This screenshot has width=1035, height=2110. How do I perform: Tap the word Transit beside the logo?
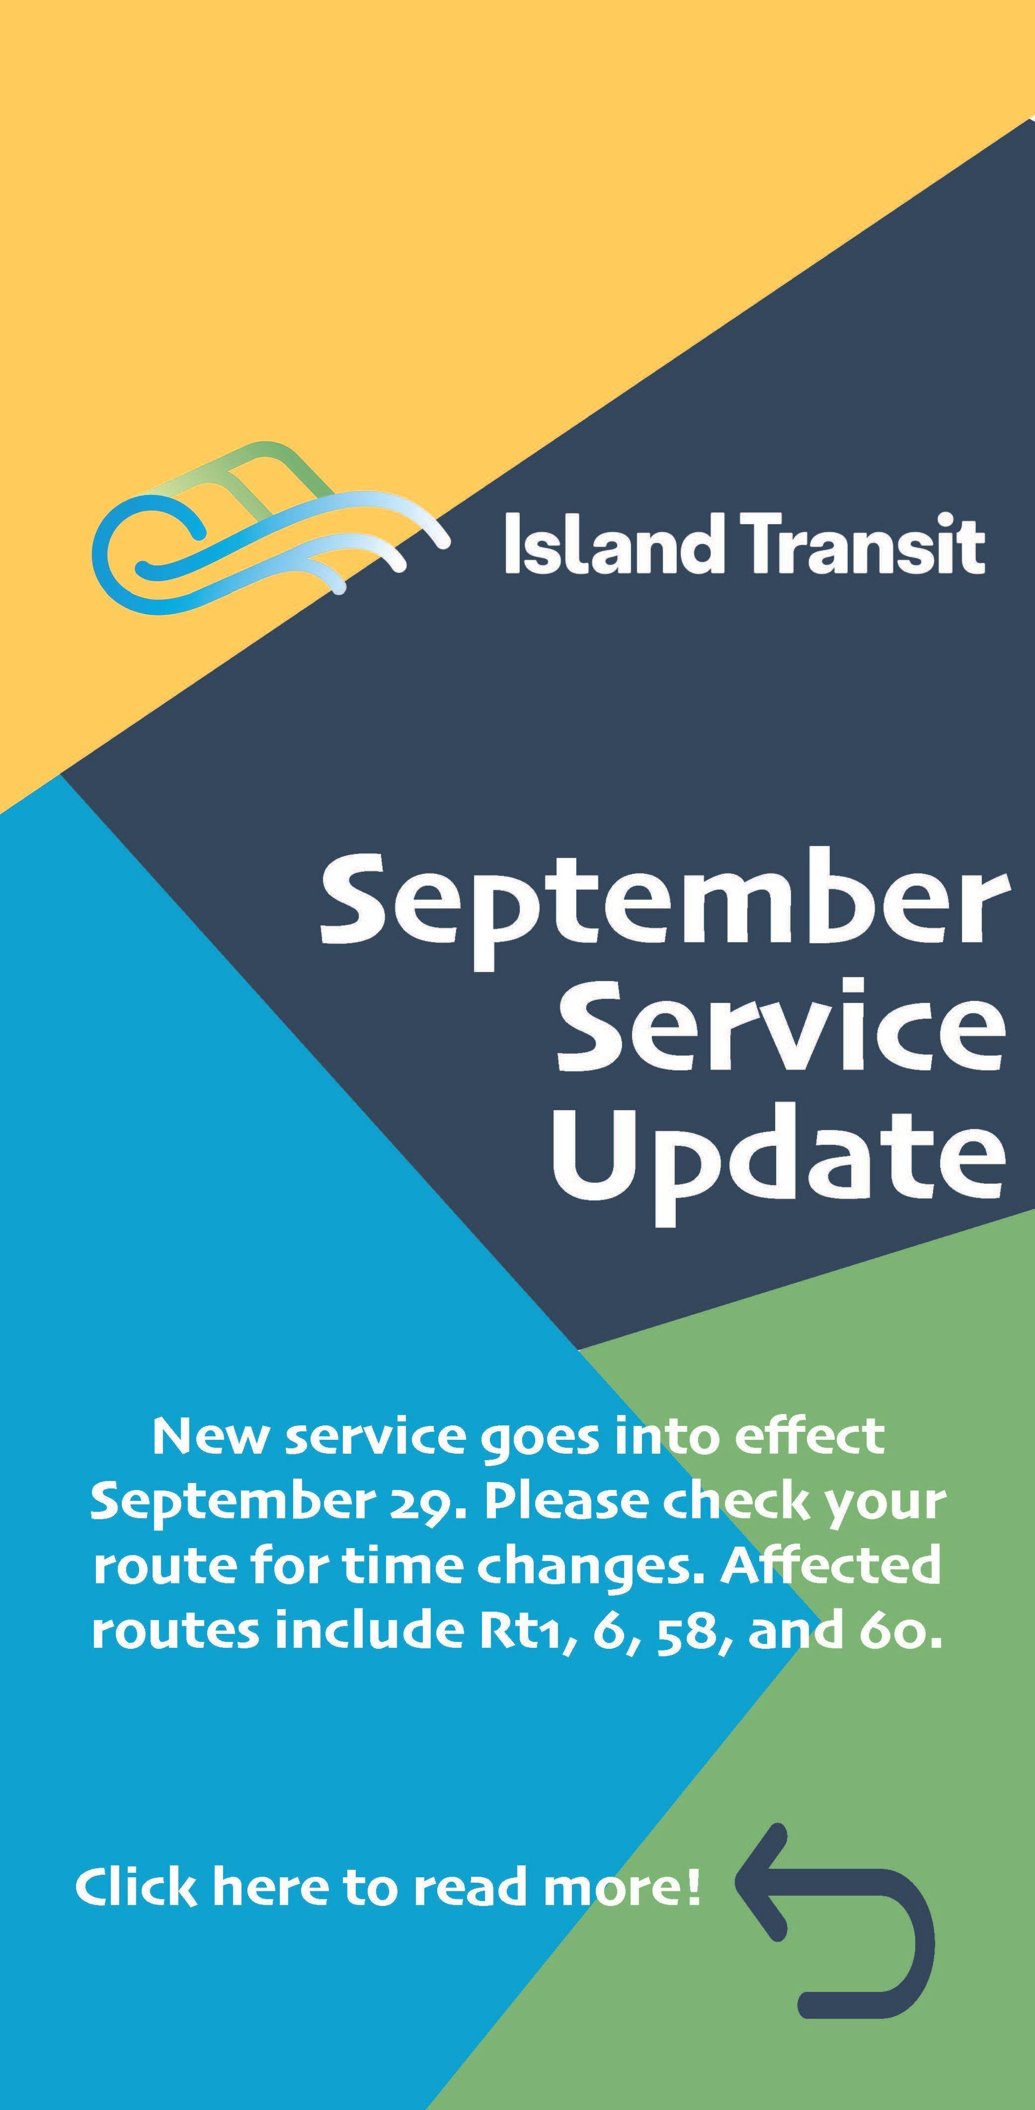point(865,544)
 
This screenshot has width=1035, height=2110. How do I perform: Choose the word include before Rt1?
point(376,1630)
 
